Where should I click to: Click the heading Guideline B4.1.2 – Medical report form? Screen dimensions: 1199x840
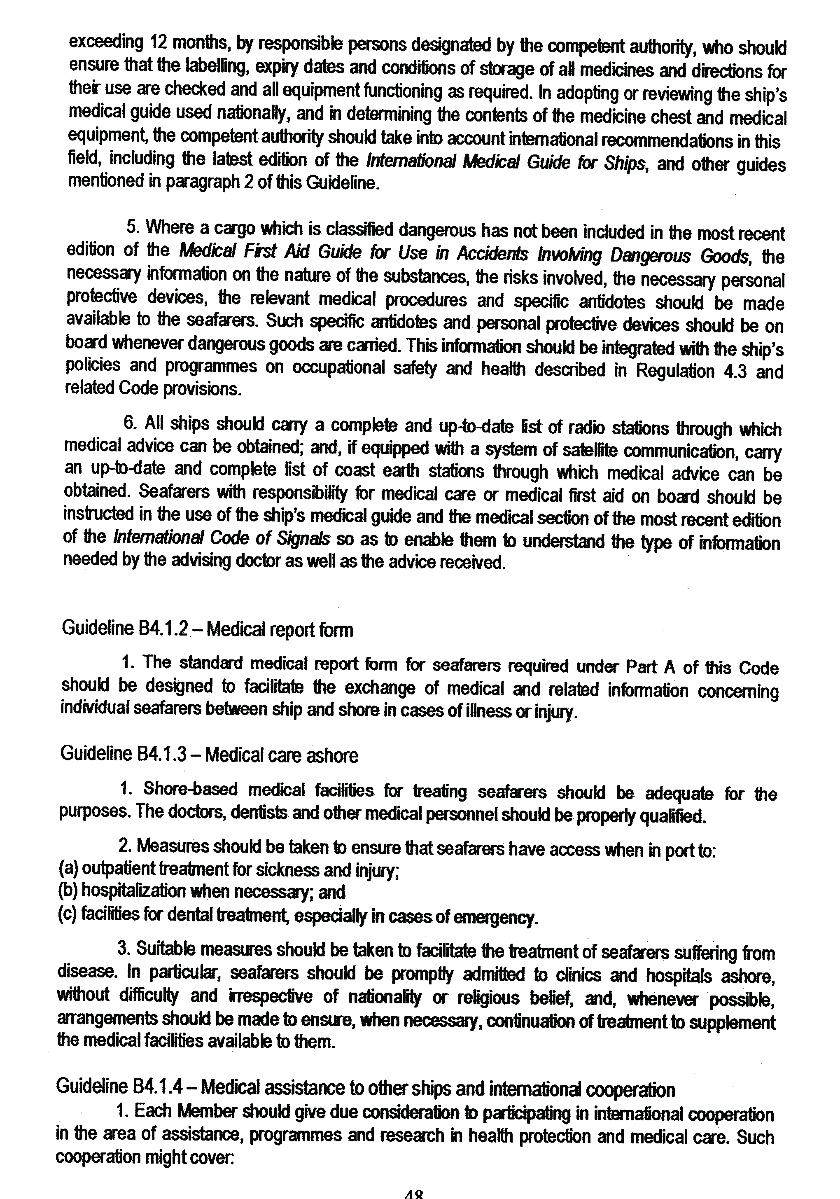tap(207, 629)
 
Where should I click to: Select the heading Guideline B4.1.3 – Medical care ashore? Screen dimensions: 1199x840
tap(209, 755)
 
